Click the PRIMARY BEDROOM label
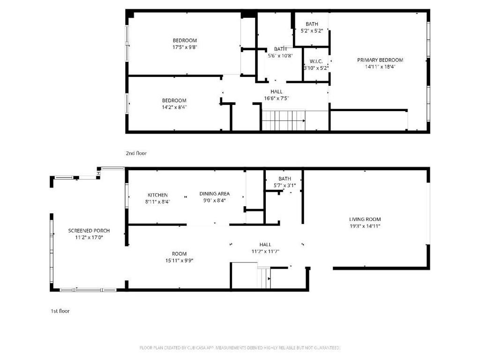380,60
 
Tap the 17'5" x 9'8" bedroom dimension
185,47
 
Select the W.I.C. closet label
316,61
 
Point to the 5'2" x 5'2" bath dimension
312,30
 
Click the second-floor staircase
284,120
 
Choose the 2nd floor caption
136,153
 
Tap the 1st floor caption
60,311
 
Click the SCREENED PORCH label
89,231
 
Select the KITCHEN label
157,195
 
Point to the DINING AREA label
215,194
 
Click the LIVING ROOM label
365,219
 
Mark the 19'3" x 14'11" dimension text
365,226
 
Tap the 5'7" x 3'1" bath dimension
285,186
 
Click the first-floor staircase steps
264,278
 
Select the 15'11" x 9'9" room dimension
179,261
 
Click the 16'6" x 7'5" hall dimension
277,98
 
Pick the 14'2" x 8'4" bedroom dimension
174,107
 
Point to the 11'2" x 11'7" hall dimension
265,252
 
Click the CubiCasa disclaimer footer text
240,348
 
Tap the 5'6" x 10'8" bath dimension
280,56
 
